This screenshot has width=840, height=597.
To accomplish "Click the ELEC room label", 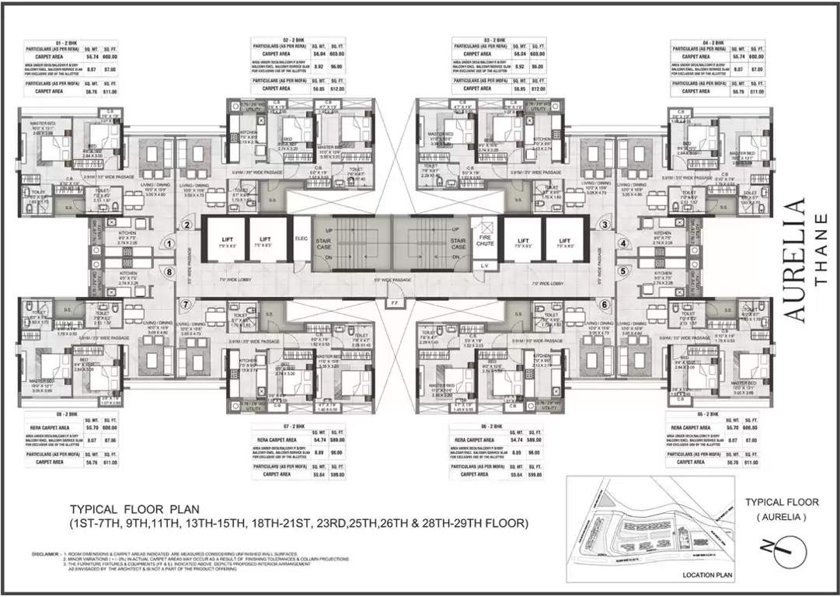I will coord(301,240).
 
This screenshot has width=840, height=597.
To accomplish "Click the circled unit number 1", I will coord(169,243).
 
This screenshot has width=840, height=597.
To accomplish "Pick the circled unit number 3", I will coord(604,225).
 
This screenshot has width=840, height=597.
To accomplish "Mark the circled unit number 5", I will coord(622,271).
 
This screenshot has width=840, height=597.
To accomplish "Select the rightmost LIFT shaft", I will coord(565,242).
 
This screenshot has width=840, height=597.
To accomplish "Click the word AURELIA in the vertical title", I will coord(796,260).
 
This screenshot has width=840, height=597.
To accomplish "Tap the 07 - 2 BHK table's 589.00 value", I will coord(336,439).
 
